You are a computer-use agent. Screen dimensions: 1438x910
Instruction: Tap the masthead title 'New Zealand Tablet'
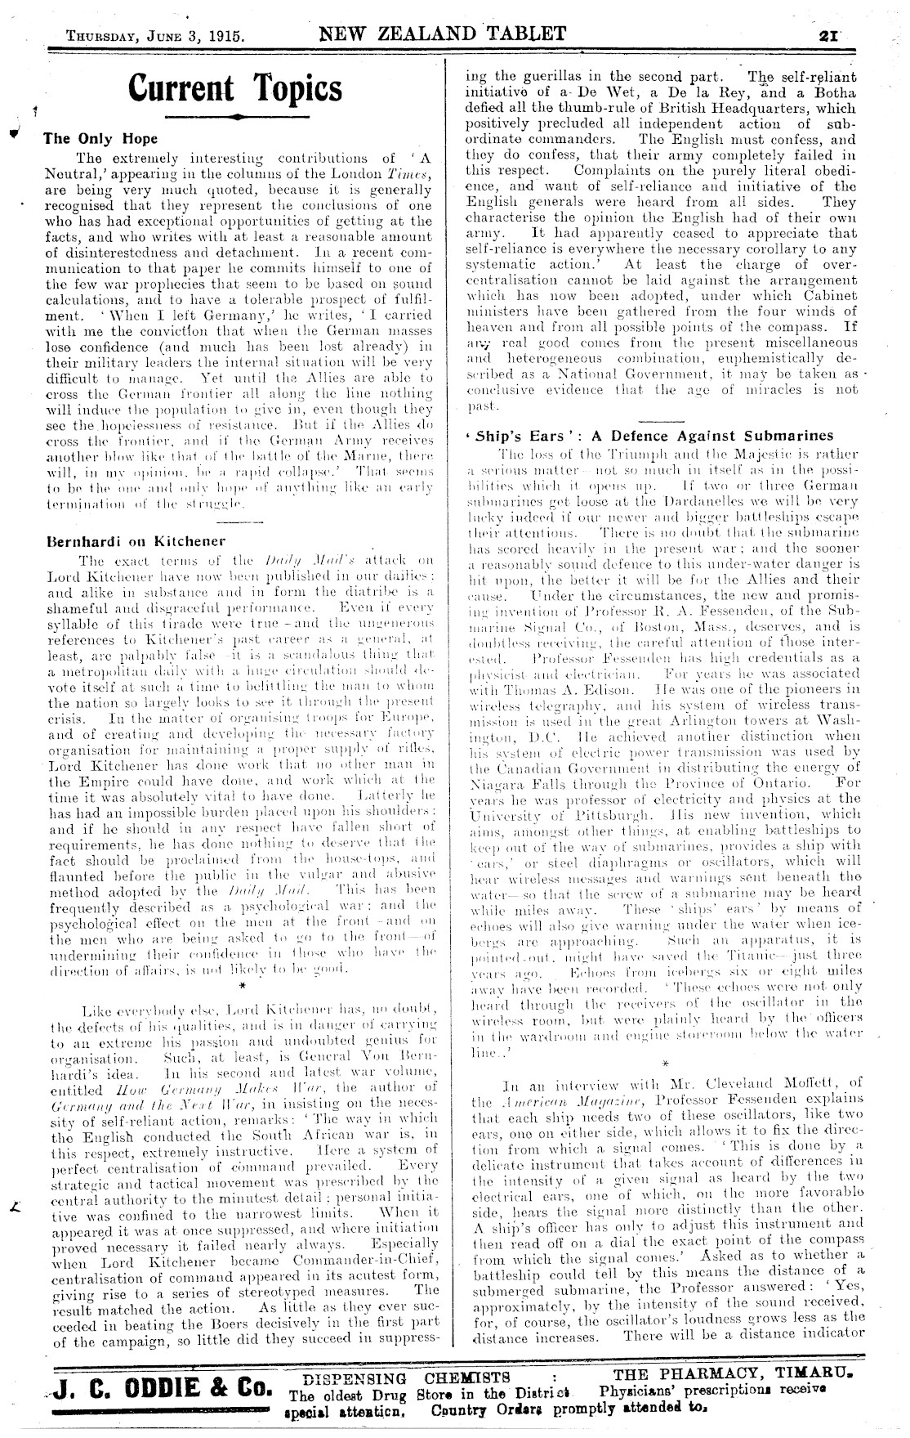[442, 34]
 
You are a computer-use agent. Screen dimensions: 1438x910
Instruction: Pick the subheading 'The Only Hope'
[100, 138]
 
